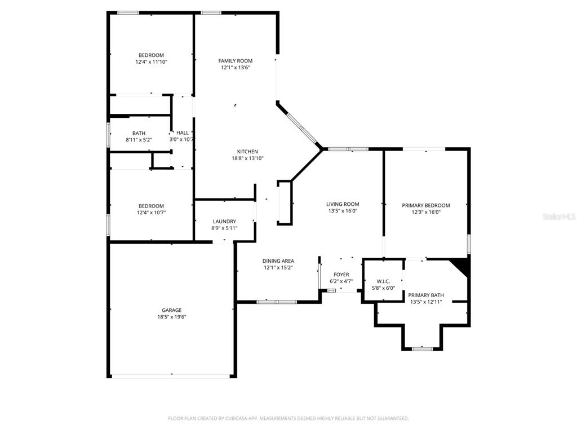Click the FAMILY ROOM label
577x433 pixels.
point(235,60)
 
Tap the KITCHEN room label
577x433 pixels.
point(247,152)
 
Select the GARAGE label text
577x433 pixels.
point(171,310)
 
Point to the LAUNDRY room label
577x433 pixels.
point(224,222)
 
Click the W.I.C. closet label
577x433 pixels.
point(383,281)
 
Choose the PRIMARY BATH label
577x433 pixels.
point(426,295)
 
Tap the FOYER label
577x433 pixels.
point(341,275)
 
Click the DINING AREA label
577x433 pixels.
point(278,261)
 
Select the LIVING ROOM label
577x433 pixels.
point(343,204)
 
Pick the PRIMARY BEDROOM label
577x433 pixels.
point(425,205)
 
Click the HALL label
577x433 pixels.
point(182,132)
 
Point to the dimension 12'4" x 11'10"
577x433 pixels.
point(151,62)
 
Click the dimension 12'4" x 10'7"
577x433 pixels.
point(151,213)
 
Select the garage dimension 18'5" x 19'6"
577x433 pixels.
point(171,317)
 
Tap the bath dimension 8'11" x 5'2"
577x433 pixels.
point(139,139)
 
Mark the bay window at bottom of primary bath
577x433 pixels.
point(421,349)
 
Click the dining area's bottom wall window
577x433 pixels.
point(277,302)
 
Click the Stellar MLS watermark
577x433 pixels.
point(558,216)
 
